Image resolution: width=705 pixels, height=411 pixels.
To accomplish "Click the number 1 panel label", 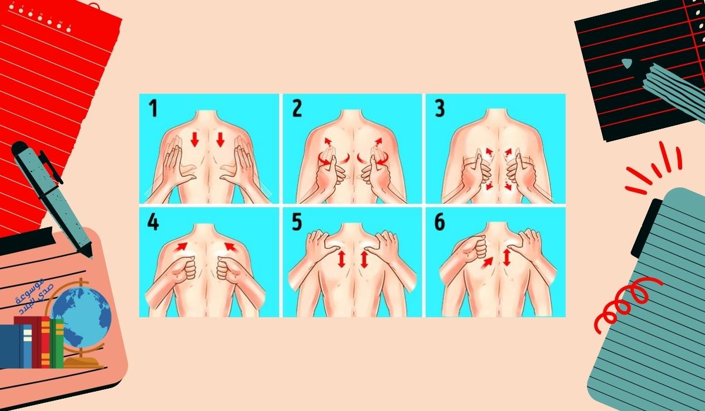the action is pyautogui.click(x=153, y=109).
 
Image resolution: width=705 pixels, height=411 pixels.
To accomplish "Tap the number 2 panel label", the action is pyautogui.click(x=297, y=109).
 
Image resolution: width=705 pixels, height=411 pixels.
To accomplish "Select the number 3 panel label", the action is pyautogui.click(x=439, y=109).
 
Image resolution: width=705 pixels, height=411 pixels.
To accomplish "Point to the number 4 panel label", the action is pyautogui.click(x=153, y=223).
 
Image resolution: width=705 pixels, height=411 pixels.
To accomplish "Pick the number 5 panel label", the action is pyautogui.click(x=297, y=223).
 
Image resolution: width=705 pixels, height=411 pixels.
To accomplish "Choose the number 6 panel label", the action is pyautogui.click(x=439, y=223).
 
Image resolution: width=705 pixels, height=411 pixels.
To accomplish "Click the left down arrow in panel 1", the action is pyautogui.click(x=195, y=139).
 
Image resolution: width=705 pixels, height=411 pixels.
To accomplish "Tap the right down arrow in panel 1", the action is pyautogui.click(x=220, y=139).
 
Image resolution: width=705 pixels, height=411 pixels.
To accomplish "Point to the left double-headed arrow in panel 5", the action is pyautogui.click(x=341, y=259).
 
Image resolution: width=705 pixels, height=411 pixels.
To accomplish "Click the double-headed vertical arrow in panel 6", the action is pyautogui.click(x=506, y=257).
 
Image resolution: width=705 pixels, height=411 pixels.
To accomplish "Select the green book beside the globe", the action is pyautogui.click(x=57, y=343).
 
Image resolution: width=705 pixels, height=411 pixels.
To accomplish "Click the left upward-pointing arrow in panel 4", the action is pyautogui.click(x=182, y=246).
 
